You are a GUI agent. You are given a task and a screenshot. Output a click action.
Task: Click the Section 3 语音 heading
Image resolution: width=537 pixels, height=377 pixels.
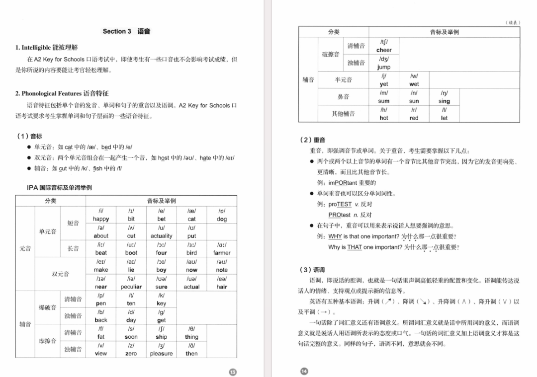click(x=126, y=31)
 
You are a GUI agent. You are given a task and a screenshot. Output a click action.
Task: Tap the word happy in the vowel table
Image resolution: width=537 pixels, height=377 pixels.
click(x=101, y=219)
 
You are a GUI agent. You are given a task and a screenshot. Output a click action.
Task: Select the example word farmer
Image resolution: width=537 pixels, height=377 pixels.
click(x=222, y=253)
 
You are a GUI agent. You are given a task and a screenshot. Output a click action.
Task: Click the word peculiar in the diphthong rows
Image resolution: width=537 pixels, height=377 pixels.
click(x=131, y=287)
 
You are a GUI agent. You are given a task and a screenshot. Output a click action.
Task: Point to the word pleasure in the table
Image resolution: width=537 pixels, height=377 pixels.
click(x=161, y=354)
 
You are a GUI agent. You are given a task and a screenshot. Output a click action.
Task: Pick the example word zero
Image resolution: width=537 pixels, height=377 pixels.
click(x=131, y=354)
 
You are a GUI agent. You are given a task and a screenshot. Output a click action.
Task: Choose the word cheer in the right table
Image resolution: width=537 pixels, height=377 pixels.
click(x=384, y=50)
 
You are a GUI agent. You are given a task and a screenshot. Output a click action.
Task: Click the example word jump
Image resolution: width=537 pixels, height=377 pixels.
click(x=384, y=67)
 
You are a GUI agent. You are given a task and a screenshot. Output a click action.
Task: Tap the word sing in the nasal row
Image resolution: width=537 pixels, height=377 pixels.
click(x=444, y=101)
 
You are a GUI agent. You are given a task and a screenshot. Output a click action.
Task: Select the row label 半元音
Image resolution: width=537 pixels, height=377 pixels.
click(x=343, y=80)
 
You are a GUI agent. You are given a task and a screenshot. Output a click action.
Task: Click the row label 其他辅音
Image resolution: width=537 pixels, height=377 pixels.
click(x=343, y=114)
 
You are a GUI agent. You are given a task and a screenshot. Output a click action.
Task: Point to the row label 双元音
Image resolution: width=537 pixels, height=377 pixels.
click(x=60, y=274)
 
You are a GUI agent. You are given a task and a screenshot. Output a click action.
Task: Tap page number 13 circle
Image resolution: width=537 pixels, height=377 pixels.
click(x=232, y=372)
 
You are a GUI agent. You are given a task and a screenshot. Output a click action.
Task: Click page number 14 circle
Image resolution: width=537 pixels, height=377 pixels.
click(x=304, y=372)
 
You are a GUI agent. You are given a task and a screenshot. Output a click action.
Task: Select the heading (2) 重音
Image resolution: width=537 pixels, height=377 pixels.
click(x=312, y=141)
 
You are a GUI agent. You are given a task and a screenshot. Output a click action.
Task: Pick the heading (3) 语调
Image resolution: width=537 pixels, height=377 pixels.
click(x=312, y=270)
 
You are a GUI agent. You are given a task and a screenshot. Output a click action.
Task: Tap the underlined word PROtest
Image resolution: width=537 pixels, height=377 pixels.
click(x=340, y=215)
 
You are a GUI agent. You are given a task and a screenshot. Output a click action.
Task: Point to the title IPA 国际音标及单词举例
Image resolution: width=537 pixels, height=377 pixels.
click(x=59, y=188)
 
